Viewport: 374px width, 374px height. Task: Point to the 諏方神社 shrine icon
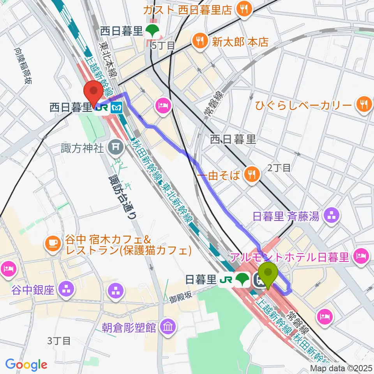pyautogui.click(x=115, y=147)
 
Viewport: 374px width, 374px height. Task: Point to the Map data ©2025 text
pyautogui.click(x=341, y=368)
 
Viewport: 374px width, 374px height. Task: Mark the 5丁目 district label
pyautogui.click(x=163, y=46)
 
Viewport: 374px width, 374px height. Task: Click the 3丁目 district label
pyautogui.click(x=59, y=341)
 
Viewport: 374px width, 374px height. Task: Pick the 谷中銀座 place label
pyautogui.click(x=33, y=290)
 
